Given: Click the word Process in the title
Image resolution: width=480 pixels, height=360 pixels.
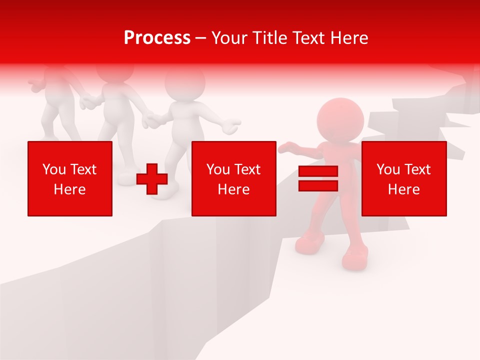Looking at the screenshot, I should pos(157,38).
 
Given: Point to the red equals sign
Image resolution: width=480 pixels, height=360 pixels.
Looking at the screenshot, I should pos(318,178).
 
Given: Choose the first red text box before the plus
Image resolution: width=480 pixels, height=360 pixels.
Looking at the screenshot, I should pos(70,178).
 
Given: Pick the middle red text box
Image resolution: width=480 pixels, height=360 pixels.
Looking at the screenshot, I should pos(233,178).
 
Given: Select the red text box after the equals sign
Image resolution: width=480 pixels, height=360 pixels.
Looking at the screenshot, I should pos(403,178).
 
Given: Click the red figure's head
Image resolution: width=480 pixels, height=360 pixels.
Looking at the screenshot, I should pos(340,120).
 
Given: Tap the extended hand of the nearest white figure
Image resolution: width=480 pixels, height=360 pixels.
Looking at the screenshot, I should pos(231,126).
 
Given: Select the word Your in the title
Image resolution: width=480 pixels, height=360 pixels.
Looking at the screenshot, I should pos(229,38).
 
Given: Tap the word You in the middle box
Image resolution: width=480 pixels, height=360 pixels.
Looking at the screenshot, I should pos(217,169).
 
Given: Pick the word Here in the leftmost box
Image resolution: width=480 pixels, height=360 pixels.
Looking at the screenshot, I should pos(70,189).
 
